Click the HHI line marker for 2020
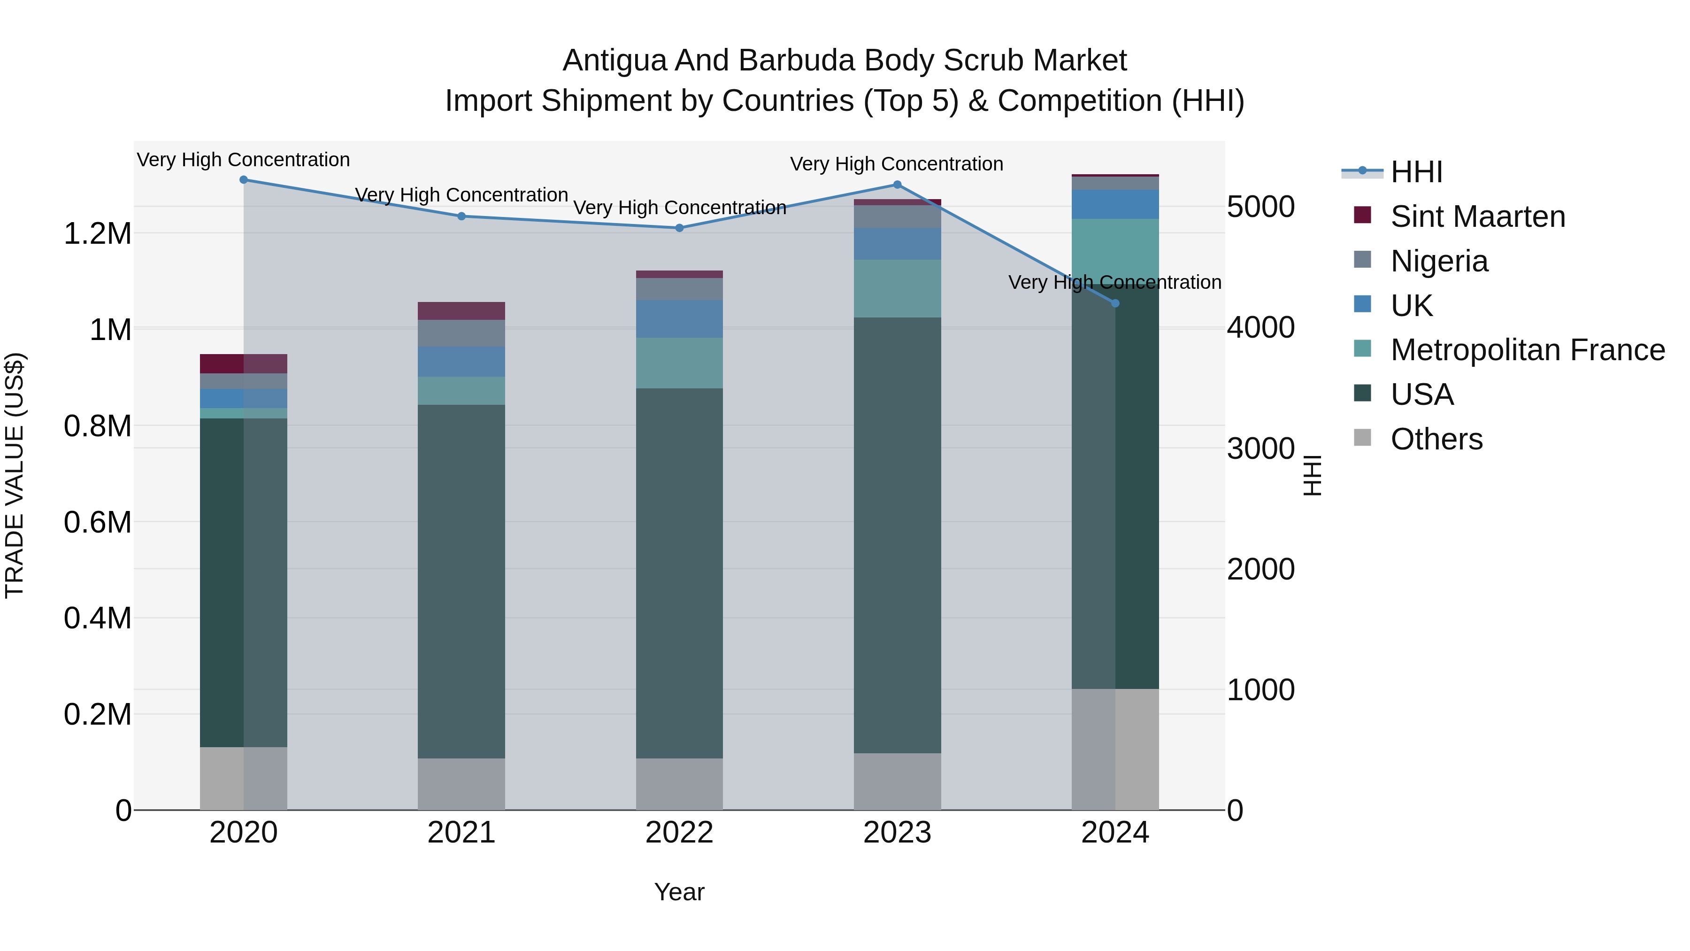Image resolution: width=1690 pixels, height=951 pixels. click(x=243, y=180)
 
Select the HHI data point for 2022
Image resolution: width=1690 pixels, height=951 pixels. click(x=680, y=228)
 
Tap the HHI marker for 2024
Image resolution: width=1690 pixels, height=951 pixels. click(x=1115, y=303)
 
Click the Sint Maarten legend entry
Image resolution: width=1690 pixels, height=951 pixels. click(x=1477, y=216)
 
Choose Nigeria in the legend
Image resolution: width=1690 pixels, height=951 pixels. click(x=1439, y=261)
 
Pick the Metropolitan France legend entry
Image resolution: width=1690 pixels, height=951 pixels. click(x=1527, y=350)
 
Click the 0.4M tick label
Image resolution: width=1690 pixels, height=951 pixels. click(x=98, y=618)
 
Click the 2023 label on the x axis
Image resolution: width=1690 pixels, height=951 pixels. click(x=897, y=833)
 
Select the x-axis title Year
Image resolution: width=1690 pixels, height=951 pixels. click(x=679, y=892)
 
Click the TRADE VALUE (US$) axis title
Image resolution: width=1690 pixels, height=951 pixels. click(x=15, y=475)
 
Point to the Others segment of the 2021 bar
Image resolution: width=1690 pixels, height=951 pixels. click(x=461, y=784)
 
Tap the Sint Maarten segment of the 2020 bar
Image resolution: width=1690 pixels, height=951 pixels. click(x=243, y=363)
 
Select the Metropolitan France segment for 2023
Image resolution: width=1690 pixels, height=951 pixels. click(x=897, y=288)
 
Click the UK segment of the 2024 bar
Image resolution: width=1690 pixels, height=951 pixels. click(x=1115, y=204)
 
